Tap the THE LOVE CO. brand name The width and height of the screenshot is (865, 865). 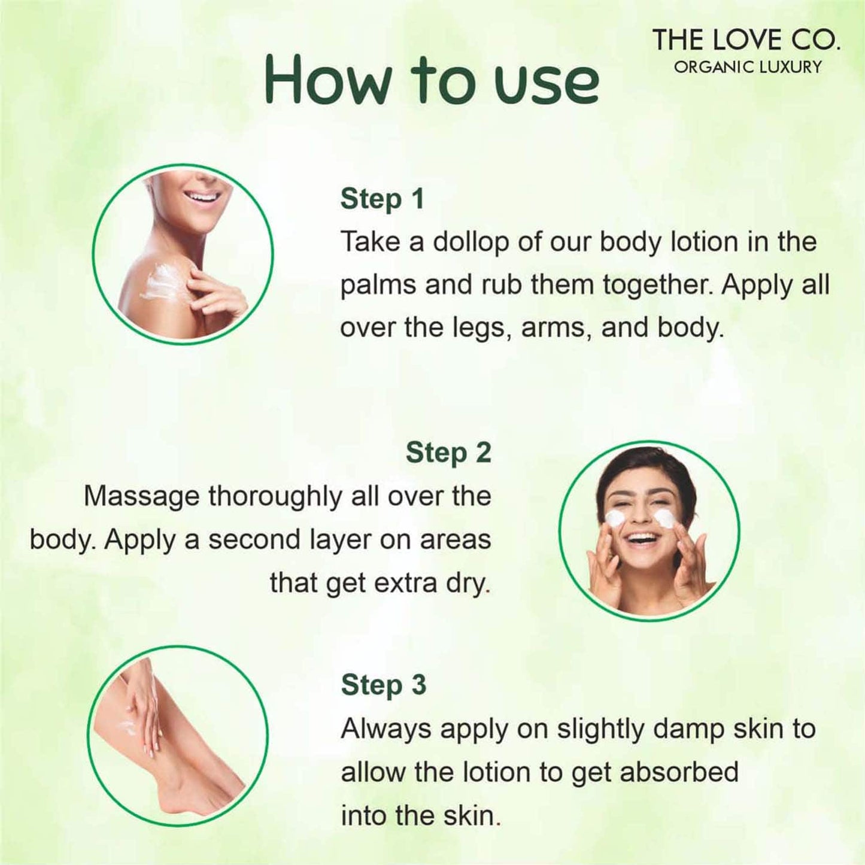(746, 41)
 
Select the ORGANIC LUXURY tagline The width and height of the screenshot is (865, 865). (748, 67)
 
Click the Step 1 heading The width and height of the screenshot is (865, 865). (382, 199)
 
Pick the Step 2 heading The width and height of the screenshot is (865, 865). (448, 453)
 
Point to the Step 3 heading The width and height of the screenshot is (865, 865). (383, 685)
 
